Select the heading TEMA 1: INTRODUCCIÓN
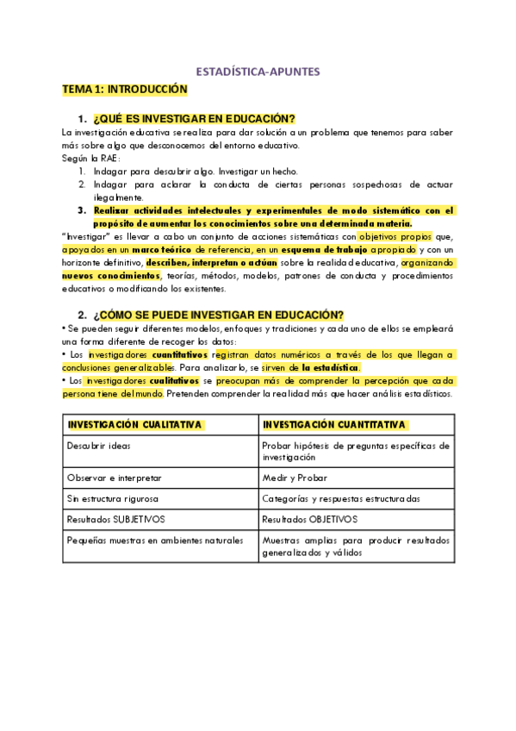124,89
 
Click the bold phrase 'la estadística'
331,367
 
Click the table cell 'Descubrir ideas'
99,446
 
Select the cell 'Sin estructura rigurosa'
114,498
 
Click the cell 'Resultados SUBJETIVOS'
115,520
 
